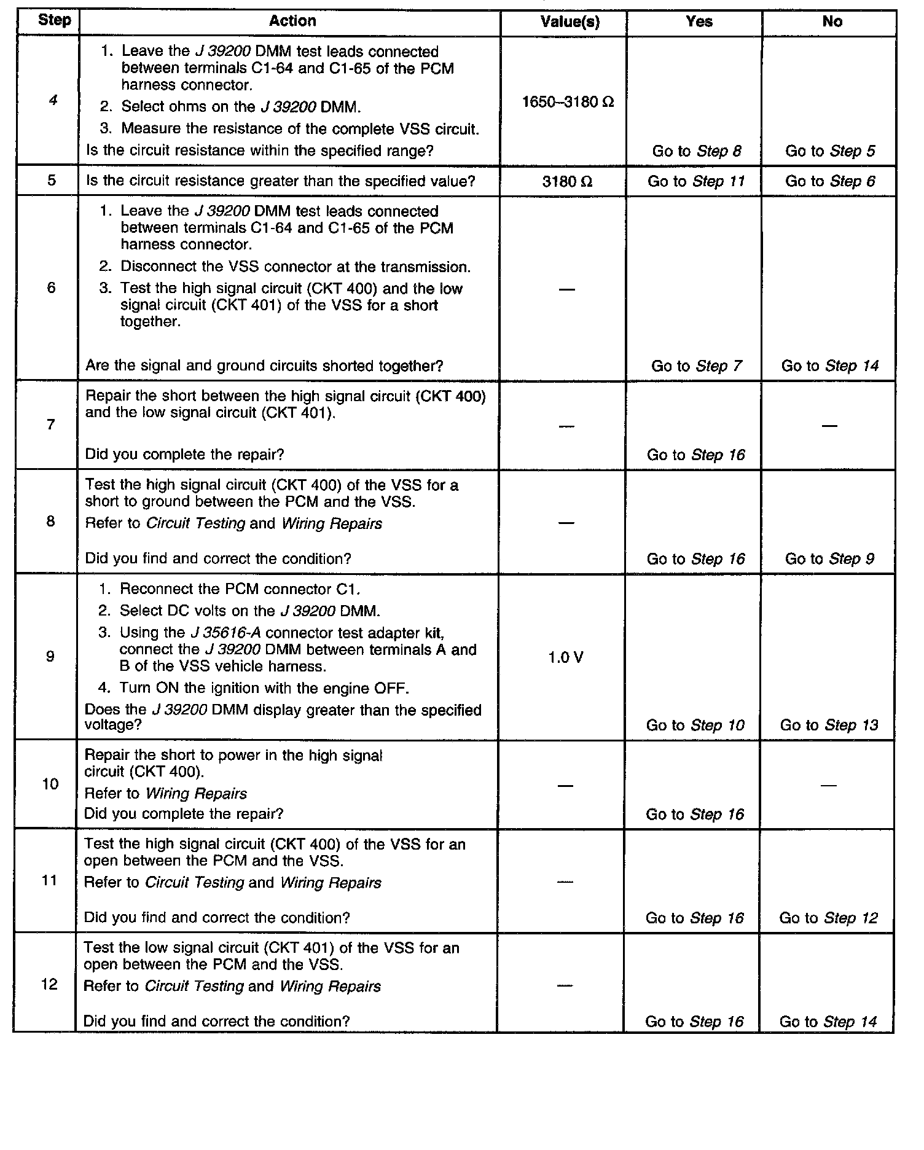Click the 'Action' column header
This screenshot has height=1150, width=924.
coord(292,22)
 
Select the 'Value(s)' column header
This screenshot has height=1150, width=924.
coord(570,22)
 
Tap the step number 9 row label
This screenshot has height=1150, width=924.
coord(50,657)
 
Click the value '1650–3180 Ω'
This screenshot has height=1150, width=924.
coord(568,102)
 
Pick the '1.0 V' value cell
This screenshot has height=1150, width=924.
coord(565,658)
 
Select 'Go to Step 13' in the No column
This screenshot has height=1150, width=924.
coord(829,725)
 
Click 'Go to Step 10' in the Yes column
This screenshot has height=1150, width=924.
coord(695,726)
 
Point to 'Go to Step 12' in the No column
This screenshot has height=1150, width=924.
coord(828,918)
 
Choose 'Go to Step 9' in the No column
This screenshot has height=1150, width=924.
coord(829,559)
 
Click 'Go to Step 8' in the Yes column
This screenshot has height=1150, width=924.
coord(697,151)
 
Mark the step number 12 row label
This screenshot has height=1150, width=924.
coord(49,984)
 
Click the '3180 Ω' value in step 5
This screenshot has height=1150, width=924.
coord(567,182)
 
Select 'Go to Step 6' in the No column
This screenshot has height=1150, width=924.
coord(830,181)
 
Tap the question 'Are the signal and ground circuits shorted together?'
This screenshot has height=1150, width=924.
coord(264,366)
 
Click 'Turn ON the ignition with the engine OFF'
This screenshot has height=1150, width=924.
coord(264,688)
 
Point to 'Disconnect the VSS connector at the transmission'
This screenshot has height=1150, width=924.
coord(296,267)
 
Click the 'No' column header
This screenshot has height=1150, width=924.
coord(832,22)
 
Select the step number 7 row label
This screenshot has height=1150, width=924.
coord(50,424)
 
